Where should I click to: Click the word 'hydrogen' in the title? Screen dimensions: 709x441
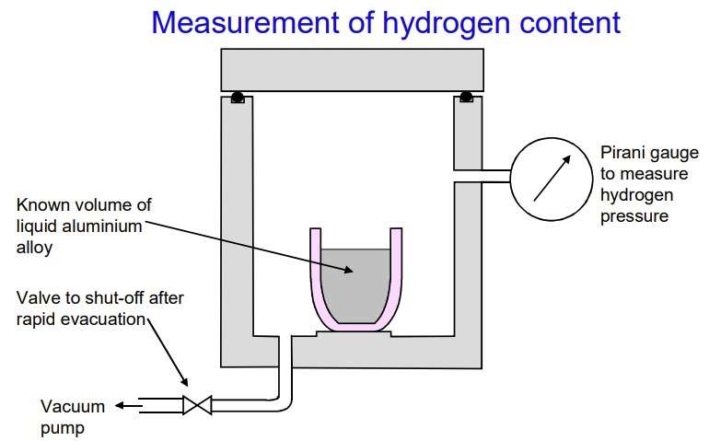tap(445, 24)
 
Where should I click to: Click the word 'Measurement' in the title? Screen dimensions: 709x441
tap(245, 23)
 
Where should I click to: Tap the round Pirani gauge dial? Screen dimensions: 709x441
tap(552, 180)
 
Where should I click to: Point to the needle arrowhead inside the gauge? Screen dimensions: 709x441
tap(565, 160)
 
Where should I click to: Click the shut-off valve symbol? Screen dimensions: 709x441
tap(197, 405)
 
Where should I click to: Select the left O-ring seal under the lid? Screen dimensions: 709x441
tap(238, 97)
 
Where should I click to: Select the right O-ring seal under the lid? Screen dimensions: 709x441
tap(466, 97)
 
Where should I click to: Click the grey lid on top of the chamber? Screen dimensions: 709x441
tap(353, 70)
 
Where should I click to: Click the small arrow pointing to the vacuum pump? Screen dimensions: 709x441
tap(128, 406)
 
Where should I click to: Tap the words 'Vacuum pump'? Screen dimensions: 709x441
tap(73, 416)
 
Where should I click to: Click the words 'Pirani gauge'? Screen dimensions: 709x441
tap(649, 154)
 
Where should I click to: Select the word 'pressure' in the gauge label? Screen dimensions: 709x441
tap(634, 215)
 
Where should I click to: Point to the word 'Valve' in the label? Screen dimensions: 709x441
tap(37, 298)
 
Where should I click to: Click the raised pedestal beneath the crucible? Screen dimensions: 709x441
tap(354, 333)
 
